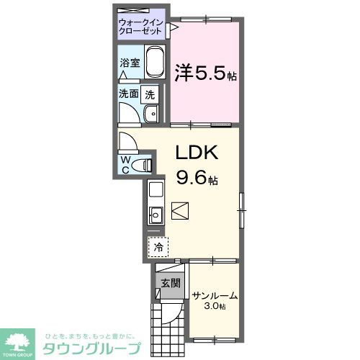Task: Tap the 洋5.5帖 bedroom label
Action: point(206,73)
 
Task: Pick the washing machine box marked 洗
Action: point(149,93)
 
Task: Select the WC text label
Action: point(125,164)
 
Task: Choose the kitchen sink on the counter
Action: point(156,214)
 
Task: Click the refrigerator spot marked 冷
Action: point(158,246)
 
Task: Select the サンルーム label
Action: point(215,295)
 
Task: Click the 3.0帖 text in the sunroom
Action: point(215,306)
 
